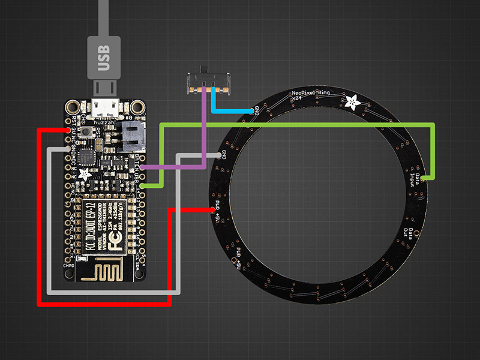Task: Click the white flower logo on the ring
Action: click(x=355, y=103)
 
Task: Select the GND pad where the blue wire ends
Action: click(x=256, y=111)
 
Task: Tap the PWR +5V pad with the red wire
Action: click(x=215, y=209)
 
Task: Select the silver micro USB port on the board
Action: click(x=106, y=109)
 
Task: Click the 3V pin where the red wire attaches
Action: click(x=67, y=130)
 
